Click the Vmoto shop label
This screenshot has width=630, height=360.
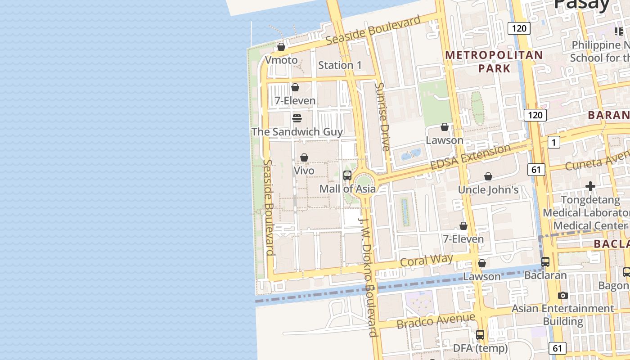point(281,60)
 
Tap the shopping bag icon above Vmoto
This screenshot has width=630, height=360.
point(281,47)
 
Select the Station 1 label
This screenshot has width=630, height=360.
point(340,65)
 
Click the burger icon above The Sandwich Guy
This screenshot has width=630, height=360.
point(297,118)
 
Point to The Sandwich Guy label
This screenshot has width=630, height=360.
point(297,132)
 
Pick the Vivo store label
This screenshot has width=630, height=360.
point(304,171)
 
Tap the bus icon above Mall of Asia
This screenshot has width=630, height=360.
point(347,175)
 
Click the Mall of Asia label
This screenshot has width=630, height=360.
point(347,189)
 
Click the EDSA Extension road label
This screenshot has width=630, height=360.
point(470,157)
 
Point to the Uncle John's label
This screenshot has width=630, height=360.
point(488,190)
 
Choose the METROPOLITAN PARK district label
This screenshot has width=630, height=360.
point(494,62)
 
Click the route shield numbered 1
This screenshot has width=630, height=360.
point(553,143)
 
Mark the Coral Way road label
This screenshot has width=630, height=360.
point(426,261)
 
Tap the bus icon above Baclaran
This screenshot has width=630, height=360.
point(545,261)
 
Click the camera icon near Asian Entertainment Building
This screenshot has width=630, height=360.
point(562,296)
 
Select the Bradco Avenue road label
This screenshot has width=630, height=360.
point(436,321)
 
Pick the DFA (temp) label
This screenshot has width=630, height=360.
point(480,348)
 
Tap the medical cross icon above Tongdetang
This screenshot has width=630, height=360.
point(590,186)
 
